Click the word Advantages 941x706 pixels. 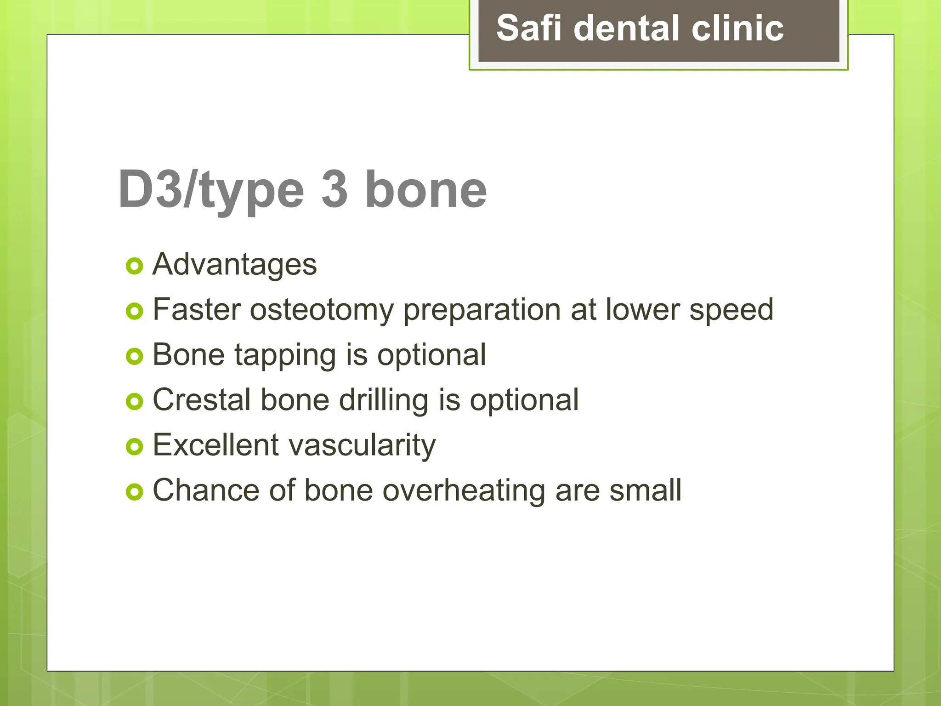pyautogui.click(x=234, y=265)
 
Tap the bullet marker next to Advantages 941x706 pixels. pyautogui.click(x=134, y=266)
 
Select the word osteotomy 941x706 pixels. pyautogui.click(x=322, y=310)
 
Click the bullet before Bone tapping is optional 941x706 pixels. pyautogui.click(x=134, y=356)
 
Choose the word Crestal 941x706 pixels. pyautogui.click(x=202, y=400)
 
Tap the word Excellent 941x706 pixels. pyautogui.click(x=215, y=445)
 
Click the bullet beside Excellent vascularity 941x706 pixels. pyautogui.click(x=134, y=446)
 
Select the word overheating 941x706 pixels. pyautogui.click(x=464, y=490)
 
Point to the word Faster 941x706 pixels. pyautogui.click(x=197, y=309)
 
